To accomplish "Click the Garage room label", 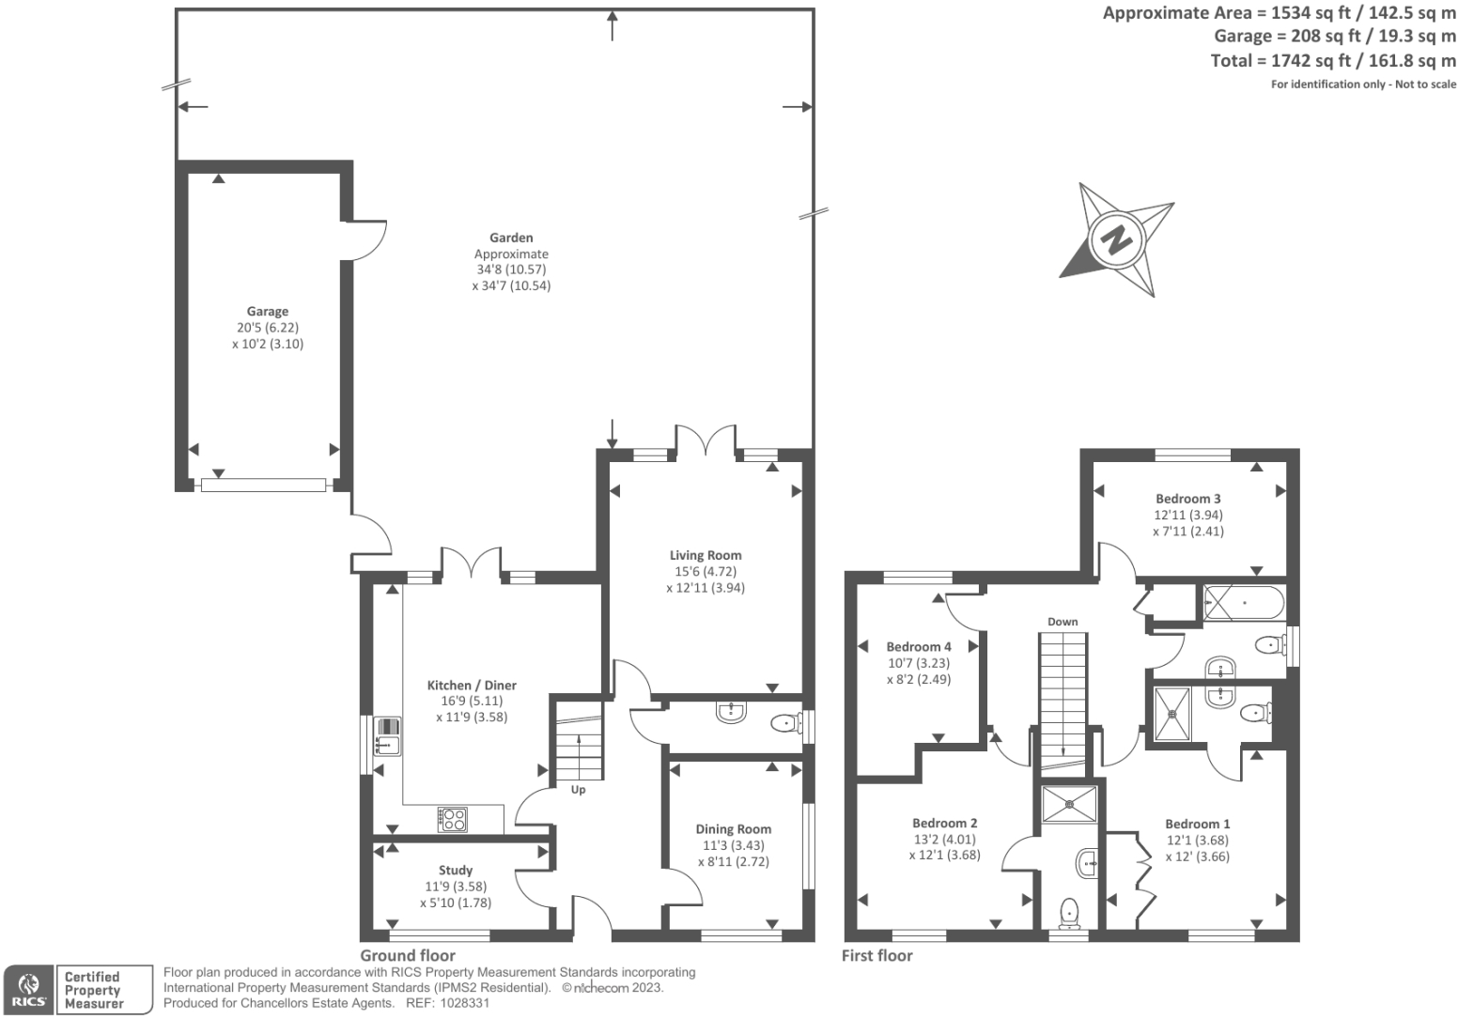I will (x=268, y=312).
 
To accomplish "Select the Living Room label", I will (x=706, y=555).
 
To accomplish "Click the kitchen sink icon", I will (x=387, y=736).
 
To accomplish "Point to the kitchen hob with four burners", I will (x=453, y=819).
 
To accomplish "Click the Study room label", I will (x=456, y=871).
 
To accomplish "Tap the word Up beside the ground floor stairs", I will (x=578, y=790).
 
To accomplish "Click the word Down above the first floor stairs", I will (x=1062, y=622).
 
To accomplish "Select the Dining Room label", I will (x=733, y=829).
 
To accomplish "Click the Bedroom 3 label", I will (x=1188, y=499).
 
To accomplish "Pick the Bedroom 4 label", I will (x=919, y=647).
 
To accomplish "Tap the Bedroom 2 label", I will (x=944, y=824).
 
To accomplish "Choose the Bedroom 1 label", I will (x=1197, y=824).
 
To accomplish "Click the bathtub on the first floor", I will (x=1242, y=603).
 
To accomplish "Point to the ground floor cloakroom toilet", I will (x=783, y=723).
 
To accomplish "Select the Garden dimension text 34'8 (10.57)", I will (x=511, y=270).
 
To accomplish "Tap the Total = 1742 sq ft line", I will (x=1333, y=61).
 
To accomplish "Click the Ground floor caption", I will (x=408, y=955).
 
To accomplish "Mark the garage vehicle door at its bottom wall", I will (x=263, y=485).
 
